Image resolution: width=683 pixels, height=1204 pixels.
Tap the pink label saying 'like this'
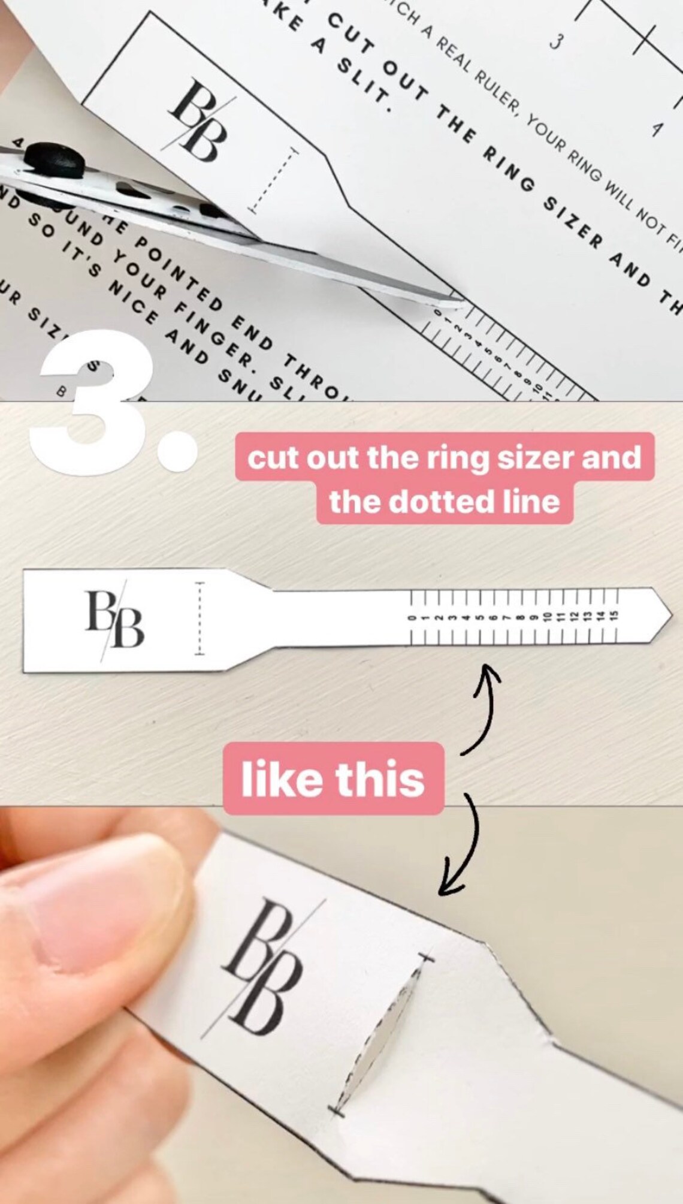[333, 778]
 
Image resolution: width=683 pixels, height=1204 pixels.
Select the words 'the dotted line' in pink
[444, 501]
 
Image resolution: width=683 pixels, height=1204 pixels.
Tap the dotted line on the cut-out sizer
[200, 617]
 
